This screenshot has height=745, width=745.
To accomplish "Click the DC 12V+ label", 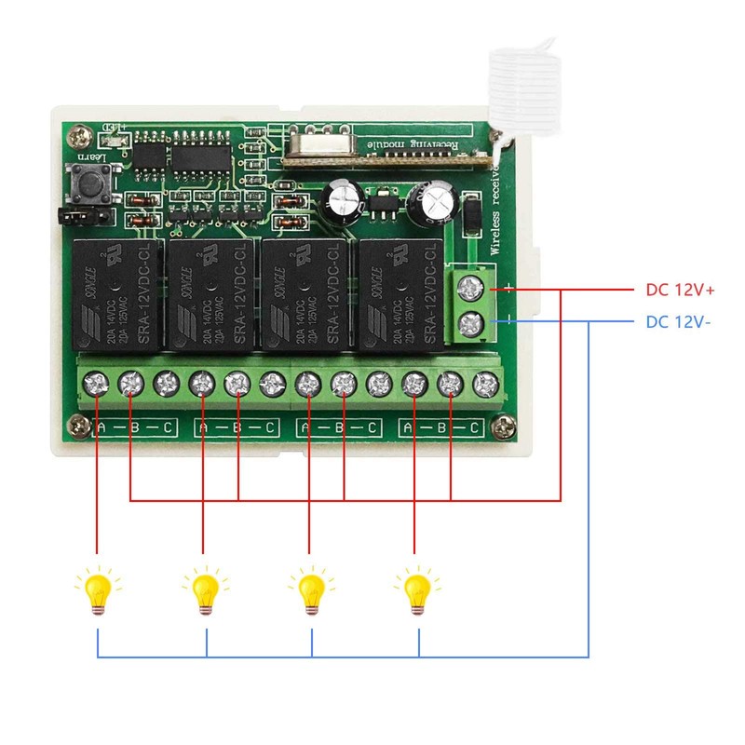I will [x=680, y=290].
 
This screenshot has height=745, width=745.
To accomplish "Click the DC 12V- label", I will [x=680, y=322].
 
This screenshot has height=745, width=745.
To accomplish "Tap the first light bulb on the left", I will [x=97, y=590].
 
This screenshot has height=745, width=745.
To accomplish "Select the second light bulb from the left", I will [x=205, y=590].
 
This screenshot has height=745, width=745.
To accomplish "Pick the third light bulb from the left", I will [x=311, y=590].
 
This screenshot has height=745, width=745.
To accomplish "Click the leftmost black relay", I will [x=112, y=291].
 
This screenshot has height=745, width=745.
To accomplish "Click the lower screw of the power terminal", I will [x=472, y=324].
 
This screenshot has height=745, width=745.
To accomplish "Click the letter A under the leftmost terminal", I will [x=100, y=427].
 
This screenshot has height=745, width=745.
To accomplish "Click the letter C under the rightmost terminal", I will [x=475, y=427].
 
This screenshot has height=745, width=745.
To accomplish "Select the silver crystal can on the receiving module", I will [x=317, y=144].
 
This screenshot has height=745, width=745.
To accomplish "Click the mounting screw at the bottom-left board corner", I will [x=72, y=427].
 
